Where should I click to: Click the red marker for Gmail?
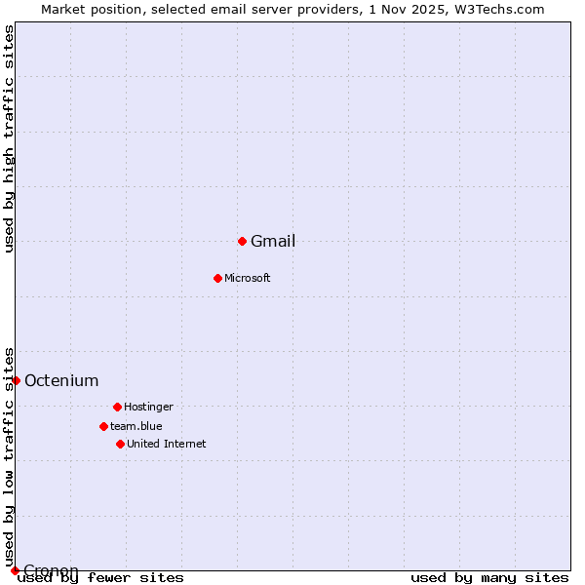[x=242, y=241]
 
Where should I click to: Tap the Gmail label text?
[x=273, y=242]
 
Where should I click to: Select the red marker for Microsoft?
[x=217, y=278]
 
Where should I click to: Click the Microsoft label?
[x=248, y=279]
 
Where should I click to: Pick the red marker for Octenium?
[x=16, y=380]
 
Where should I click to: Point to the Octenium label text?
[x=61, y=381]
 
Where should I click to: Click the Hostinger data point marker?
[x=117, y=407]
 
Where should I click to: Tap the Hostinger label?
[x=148, y=408]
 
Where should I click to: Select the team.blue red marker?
[x=103, y=426]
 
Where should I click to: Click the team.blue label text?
[x=136, y=427]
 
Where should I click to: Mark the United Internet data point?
[x=120, y=444]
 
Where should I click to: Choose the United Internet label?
[x=167, y=445]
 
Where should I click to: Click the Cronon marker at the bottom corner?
[x=15, y=570]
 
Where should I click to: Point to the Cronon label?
[x=51, y=570]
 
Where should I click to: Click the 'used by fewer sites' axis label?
[x=100, y=578]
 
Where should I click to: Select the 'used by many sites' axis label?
[x=489, y=578]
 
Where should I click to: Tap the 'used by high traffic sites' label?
[x=10, y=138]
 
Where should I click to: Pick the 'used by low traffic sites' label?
[x=10, y=456]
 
